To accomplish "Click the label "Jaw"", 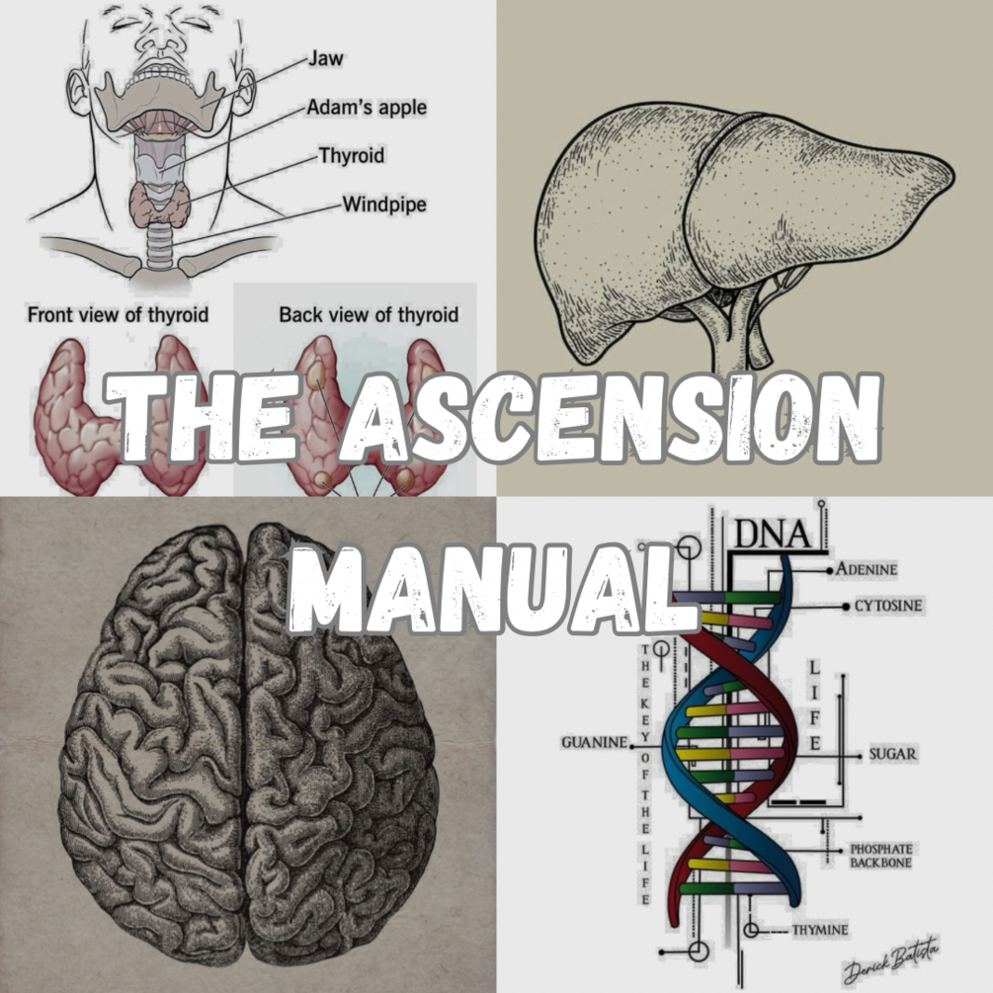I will (325, 58).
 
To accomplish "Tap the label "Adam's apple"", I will (367, 107).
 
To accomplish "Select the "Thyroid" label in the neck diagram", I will (351, 156).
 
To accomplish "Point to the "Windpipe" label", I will (383, 206).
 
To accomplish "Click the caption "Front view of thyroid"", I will (118, 315).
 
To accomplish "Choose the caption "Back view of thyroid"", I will (369, 315).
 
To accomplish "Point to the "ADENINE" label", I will (866, 570).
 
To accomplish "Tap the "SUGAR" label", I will (892, 755).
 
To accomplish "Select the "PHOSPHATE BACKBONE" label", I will (881, 856).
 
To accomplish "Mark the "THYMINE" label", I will (819, 930).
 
